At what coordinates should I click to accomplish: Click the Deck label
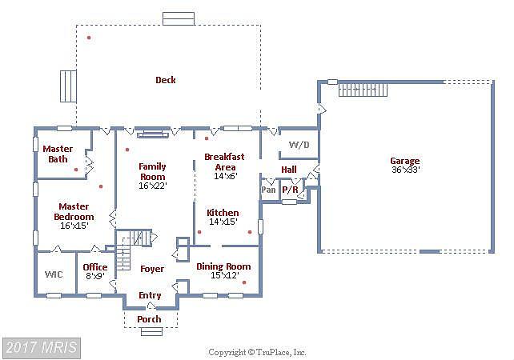(166, 80)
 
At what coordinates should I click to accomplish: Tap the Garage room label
(405, 161)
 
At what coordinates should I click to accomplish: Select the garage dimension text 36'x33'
(406, 170)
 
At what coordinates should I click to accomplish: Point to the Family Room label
(152, 172)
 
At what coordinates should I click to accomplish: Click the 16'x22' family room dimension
(153, 186)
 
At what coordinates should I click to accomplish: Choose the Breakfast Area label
(224, 162)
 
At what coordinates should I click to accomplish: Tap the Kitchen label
(223, 213)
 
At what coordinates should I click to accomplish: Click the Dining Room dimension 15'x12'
(225, 275)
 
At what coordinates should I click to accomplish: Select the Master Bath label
(58, 154)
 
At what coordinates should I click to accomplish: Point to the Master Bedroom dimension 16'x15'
(74, 226)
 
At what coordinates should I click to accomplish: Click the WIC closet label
(54, 274)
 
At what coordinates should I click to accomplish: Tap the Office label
(95, 267)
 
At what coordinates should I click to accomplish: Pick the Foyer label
(152, 269)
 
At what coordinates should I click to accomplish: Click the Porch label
(149, 319)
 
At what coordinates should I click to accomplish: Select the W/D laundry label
(299, 145)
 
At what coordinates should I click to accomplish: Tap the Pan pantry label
(268, 190)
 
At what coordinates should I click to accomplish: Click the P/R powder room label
(291, 190)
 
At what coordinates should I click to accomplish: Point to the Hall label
(289, 170)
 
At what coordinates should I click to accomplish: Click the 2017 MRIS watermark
(42, 347)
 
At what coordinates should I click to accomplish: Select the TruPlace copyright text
(257, 353)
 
